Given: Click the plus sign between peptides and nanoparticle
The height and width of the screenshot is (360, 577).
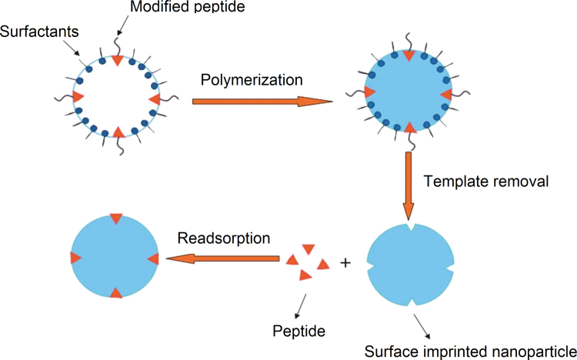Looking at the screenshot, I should tap(345, 262).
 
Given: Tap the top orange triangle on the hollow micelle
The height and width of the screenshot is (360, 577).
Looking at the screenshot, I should tap(116, 60).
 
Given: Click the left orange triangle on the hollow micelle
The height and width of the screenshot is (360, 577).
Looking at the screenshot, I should tap(78, 97).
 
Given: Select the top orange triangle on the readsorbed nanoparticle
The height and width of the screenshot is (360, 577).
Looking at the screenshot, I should tap(115, 219).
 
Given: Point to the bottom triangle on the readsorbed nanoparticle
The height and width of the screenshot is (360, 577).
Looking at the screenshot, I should tap(115, 292).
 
